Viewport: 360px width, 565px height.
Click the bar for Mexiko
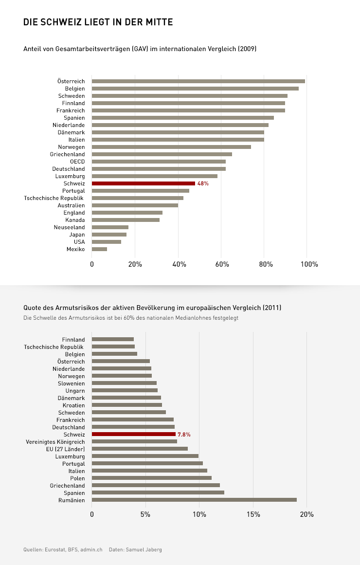[99, 249]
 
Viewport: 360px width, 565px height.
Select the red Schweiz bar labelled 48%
[144, 183]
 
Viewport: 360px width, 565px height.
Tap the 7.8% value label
[184, 435]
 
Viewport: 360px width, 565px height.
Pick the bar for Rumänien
[194, 500]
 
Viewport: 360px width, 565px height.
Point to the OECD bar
[159, 162]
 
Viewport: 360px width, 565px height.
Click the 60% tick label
[222, 265]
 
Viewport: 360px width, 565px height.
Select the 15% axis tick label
[253, 514]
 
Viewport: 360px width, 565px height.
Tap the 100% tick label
[309, 265]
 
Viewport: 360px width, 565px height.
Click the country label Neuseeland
[69, 227]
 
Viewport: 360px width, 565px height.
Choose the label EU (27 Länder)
[62, 449]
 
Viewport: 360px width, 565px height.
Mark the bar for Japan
[109, 235]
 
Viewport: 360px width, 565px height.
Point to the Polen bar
[152, 478]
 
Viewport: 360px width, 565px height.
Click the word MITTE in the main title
[158, 22]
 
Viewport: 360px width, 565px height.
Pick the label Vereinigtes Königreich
[55, 441]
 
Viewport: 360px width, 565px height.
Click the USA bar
[107, 242]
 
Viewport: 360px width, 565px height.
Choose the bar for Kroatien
[127, 405]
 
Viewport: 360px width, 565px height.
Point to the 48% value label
[203, 183]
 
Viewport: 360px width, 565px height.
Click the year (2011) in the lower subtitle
[272, 308]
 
